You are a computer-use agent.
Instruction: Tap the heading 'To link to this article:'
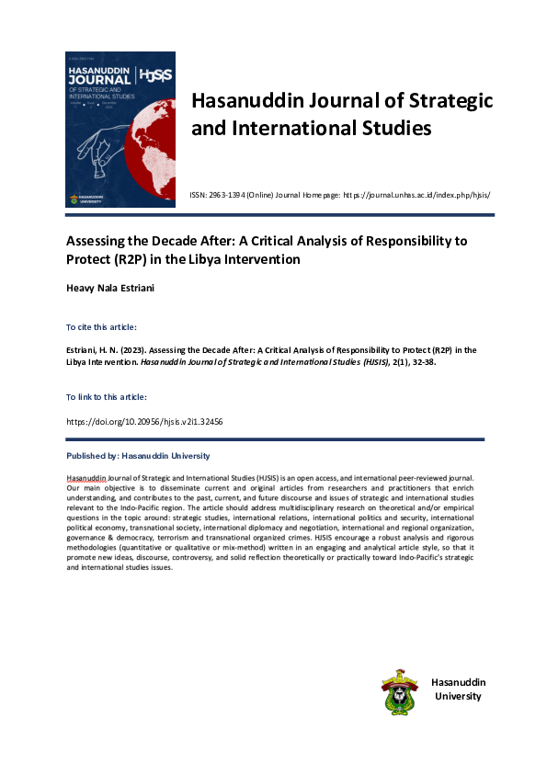(x=107, y=396)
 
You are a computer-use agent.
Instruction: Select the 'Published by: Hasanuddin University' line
(x=138, y=456)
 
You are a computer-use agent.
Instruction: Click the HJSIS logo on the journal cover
(x=155, y=76)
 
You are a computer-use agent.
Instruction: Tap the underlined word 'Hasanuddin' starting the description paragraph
(x=87, y=479)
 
